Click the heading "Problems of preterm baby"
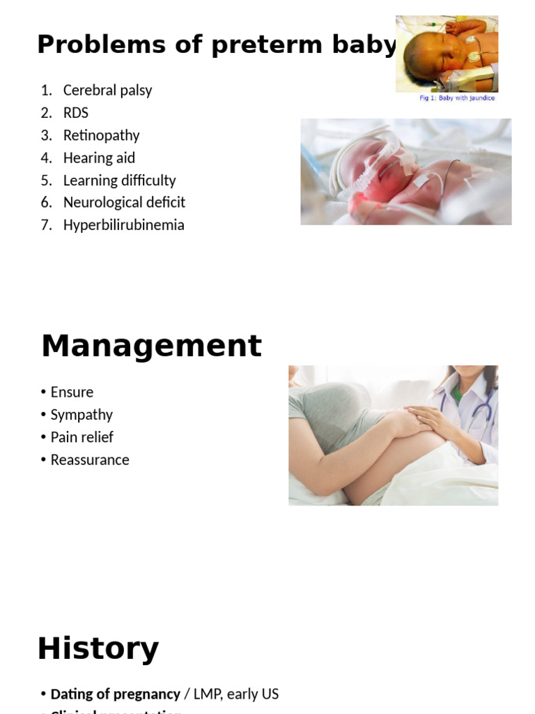(x=217, y=45)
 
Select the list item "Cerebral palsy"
(x=107, y=90)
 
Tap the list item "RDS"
(x=75, y=112)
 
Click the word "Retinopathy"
(x=101, y=135)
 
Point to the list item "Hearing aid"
(x=99, y=158)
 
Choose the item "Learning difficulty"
(x=119, y=180)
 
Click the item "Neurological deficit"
(x=124, y=202)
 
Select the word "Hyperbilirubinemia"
(x=123, y=225)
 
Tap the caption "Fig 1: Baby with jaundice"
(x=457, y=98)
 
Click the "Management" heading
(x=151, y=346)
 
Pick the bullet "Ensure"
(x=72, y=392)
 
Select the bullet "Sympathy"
(x=82, y=414)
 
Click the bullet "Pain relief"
(x=82, y=437)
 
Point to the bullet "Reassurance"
(x=90, y=459)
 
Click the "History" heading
(x=98, y=648)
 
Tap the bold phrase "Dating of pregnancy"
(x=115, y=694)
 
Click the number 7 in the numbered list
(x=45, y=225)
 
